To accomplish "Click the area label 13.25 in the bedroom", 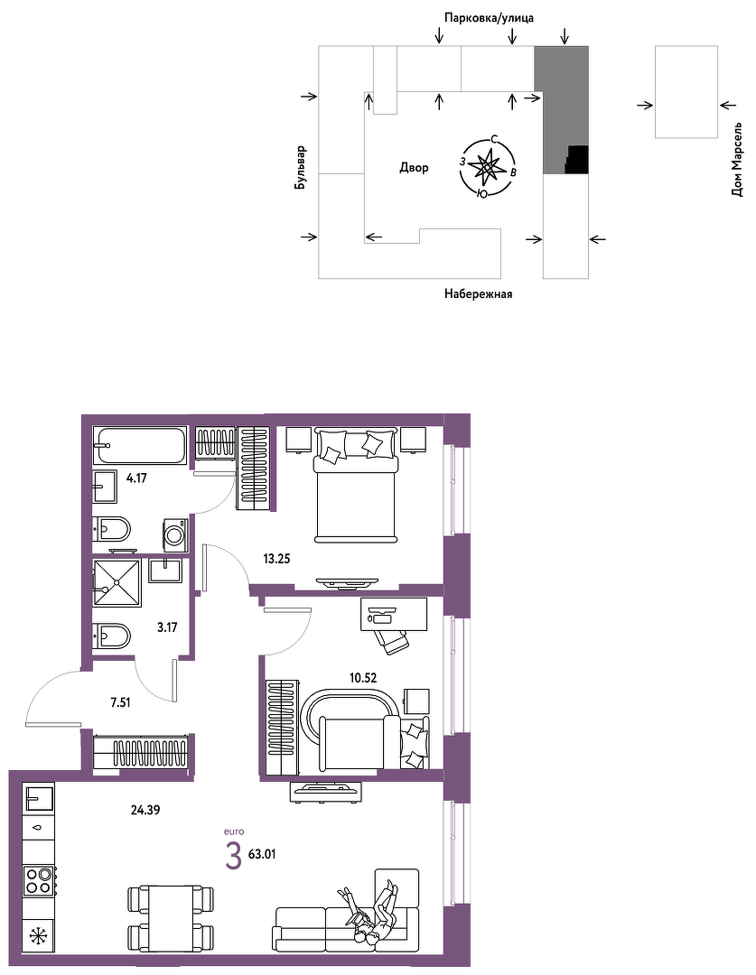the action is click(x=276, y=559).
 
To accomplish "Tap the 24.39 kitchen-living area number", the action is click(x=145, y=810).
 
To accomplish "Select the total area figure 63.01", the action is click(x=261, y=854).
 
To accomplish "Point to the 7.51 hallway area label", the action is click(x=120, y=702).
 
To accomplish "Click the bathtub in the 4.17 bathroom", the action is click(x=140, y=444).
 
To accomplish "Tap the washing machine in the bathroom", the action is click(x=175, y=534).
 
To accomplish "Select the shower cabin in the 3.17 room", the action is click(x=117, y=582).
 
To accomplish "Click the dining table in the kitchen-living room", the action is click(x=171, y=918).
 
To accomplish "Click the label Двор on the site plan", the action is click(x=414, y=167).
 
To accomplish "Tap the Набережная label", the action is click(x=478, y=293).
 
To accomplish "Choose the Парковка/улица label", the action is click(x=489, y=18).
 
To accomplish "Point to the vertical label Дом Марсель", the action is click(x=737, y=159).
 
